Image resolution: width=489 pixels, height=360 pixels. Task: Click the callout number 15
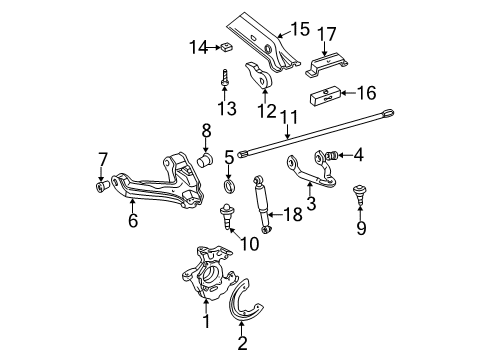(x=301, y=30)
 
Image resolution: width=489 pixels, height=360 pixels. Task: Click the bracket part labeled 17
(x=326, y=67)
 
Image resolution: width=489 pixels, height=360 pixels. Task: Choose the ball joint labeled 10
(x=227, y=212)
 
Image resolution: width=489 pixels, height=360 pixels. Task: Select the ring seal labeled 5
(x=229, y=186)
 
